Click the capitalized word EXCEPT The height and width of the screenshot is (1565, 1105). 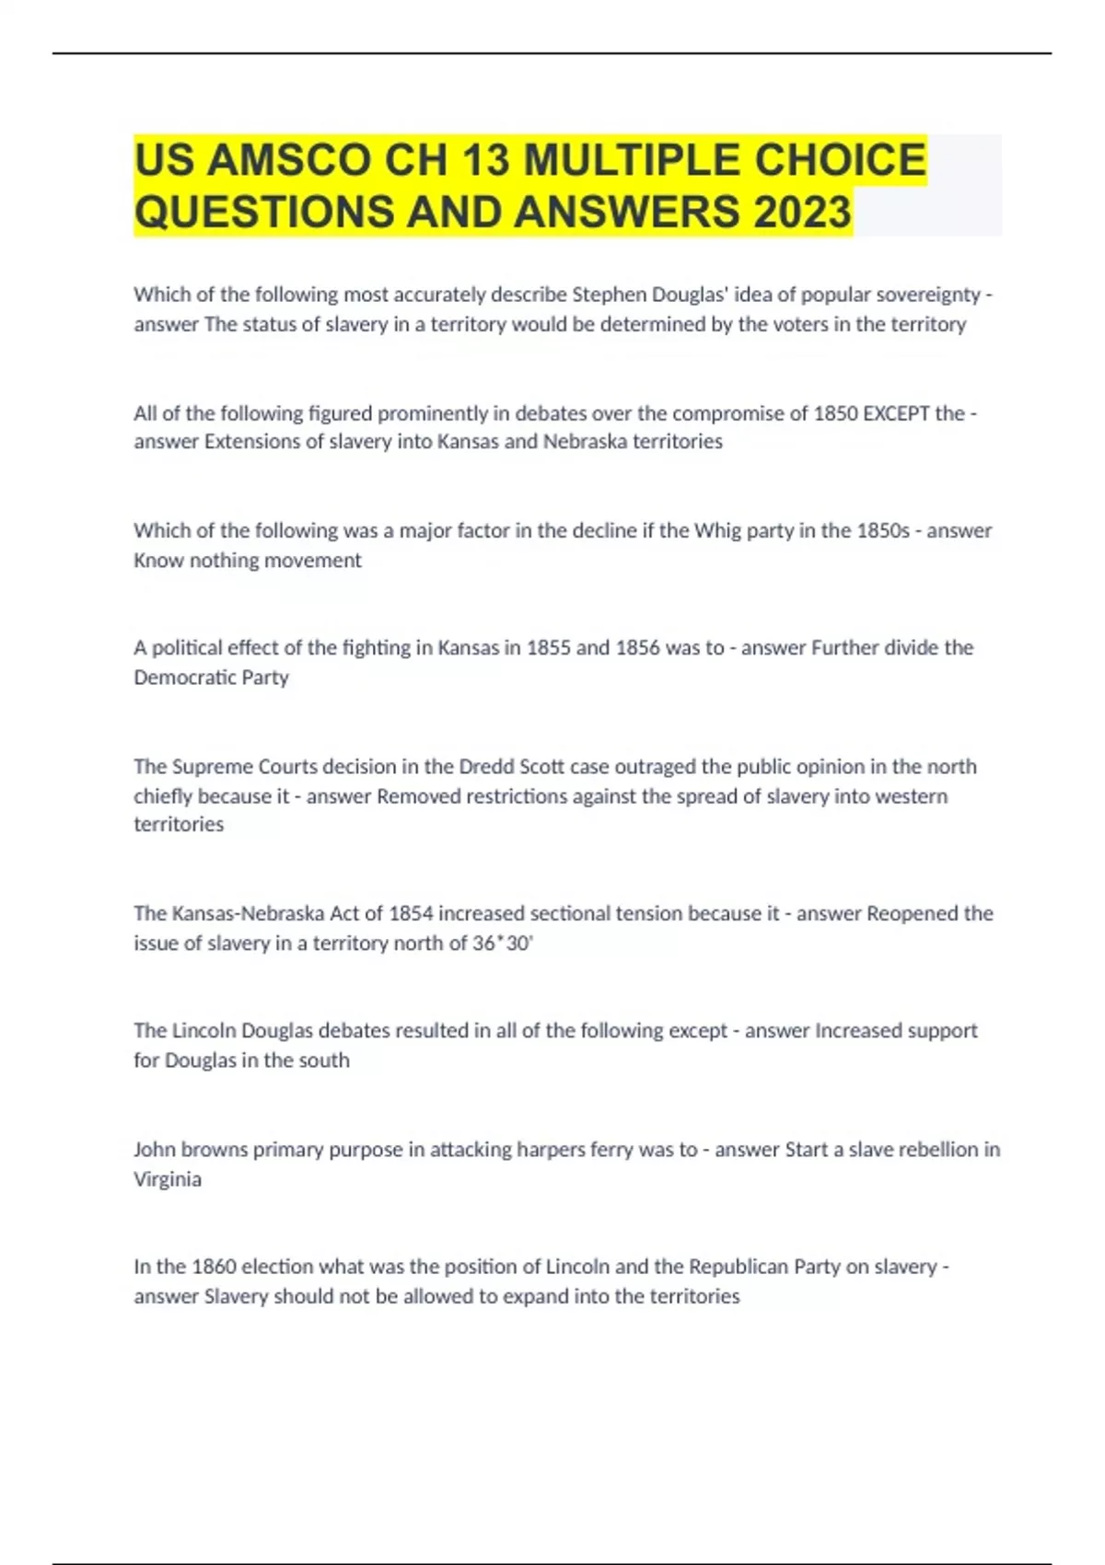(896, 413)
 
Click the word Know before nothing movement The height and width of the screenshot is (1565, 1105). (158, 560)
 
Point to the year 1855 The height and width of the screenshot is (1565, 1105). (548, 648)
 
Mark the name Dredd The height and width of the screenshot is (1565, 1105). (486, 767)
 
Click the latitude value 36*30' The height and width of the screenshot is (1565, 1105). (503, 943)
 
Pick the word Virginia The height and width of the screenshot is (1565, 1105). (168, 1179)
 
